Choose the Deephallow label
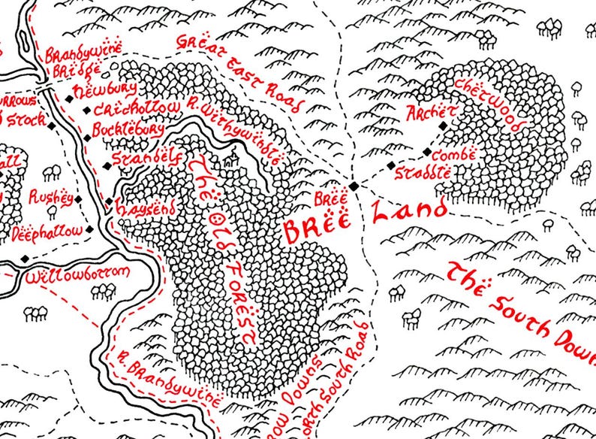click(47, 233)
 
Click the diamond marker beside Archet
click(443, 126)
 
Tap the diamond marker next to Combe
click(427, 153)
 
